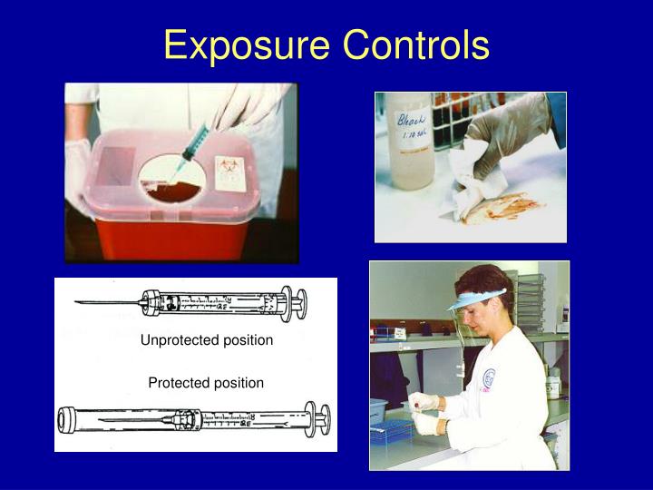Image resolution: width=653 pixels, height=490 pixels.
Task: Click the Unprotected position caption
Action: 206,340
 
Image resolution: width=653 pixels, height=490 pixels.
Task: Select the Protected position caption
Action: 206,383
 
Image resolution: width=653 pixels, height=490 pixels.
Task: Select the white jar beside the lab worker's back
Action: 553,386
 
